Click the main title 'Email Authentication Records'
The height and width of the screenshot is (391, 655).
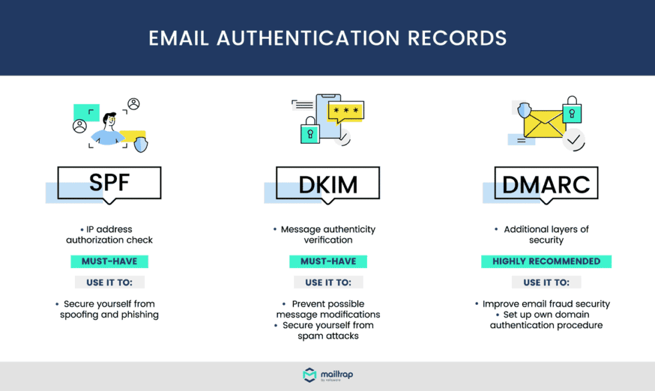(327, 38)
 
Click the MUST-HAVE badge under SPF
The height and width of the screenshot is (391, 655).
(109, 261)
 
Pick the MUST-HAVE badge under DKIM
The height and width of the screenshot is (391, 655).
(327, 261)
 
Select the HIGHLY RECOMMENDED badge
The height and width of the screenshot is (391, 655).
(546, 261)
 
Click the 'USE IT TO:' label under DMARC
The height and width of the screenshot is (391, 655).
(546, 282)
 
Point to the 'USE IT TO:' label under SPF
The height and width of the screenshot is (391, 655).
(109, 282)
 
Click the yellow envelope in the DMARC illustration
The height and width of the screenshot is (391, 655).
(544, 124)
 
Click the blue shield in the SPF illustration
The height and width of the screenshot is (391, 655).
(140, 144)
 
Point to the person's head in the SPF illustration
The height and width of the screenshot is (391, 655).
(109, 122)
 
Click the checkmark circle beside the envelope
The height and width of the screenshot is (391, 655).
(573, 140)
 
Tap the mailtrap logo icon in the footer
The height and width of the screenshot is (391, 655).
(309, 375)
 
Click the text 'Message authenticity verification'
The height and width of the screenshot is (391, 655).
(327, 234)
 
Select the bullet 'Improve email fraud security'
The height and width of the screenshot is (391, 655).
(546, 304)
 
